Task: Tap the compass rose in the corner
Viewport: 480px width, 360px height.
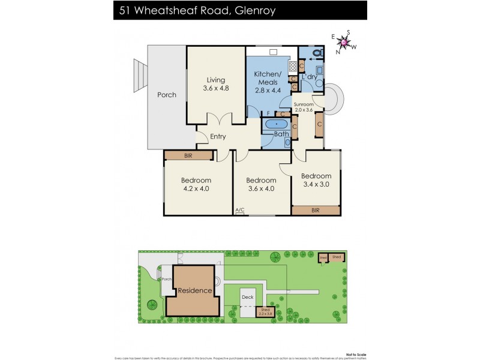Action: [344, 42]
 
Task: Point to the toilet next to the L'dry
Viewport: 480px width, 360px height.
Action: [317, 53]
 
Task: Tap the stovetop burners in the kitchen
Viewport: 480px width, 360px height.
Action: [293, 66]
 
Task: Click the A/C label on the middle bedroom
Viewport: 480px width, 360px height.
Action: [240, 210]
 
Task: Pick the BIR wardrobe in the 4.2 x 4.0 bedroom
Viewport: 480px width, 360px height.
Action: [188, 156]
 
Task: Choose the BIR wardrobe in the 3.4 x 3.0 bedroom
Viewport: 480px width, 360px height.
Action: [316, 211]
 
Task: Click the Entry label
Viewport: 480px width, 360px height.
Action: [218, 137]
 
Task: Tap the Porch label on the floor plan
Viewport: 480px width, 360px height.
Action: [167, 95]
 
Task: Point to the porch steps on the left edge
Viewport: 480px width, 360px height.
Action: [140, 74]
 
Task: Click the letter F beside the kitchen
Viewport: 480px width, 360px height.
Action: [252, 113]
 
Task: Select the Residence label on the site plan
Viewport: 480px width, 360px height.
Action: [195, 290]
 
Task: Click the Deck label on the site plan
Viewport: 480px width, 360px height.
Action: [247, 296]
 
